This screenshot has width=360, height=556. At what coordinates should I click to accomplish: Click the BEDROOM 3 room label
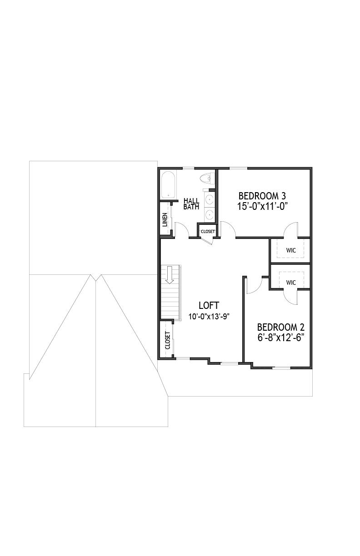coord(262,196)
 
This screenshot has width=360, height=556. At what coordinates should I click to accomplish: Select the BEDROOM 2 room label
coord(281,327)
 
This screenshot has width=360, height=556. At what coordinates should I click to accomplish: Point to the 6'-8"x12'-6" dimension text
coord(281,338)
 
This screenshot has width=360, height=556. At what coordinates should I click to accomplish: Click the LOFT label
coord(209,305)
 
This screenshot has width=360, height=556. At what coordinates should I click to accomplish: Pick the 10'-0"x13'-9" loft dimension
coord(209,317)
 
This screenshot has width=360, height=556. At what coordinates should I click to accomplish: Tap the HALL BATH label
coord(191,204)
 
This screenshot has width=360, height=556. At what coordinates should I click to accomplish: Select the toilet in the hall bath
coord(207,178)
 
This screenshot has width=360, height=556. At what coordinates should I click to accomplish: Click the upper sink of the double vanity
coord(210,199)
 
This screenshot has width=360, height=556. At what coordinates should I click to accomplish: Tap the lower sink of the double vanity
coord(210,213)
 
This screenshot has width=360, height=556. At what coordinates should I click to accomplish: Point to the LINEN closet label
coord(165,220)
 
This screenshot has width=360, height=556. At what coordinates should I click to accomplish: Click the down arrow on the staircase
coord(170,275)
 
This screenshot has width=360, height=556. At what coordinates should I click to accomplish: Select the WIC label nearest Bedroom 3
coord(291,250)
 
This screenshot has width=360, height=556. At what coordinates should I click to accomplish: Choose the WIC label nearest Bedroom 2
coord(291,283)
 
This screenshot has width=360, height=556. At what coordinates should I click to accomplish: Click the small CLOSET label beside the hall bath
coord(208,231)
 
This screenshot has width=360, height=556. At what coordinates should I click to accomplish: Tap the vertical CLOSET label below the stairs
coord(168,340)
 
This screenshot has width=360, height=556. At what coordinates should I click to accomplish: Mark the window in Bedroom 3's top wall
coord(238,168)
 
